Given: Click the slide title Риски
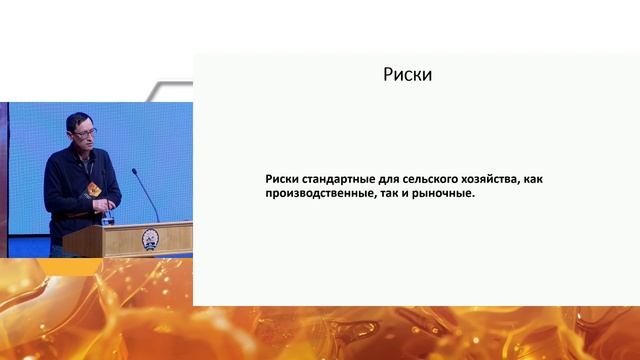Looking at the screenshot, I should tap(408, 74).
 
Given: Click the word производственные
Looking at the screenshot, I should tap(327, 195).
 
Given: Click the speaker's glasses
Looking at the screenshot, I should tap(86, 131).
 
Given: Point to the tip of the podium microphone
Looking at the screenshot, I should tap(134, 171).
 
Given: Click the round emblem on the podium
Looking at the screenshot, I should tap(150, 239).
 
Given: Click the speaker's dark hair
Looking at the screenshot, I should tap(81, 119).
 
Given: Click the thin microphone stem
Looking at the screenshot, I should tap(147, 197).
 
